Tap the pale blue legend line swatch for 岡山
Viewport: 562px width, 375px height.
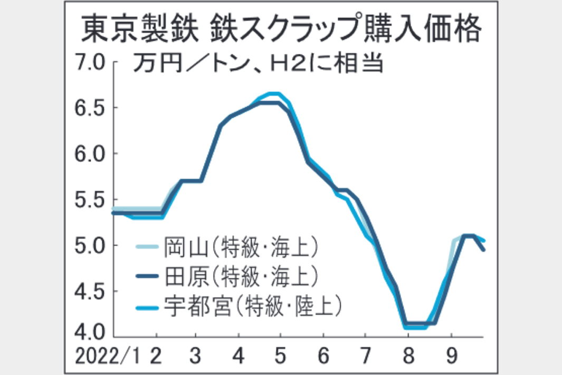pyautogui.click(x=147, y=246)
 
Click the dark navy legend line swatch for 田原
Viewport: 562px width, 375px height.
pyautogui.click(x=147, y=275)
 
